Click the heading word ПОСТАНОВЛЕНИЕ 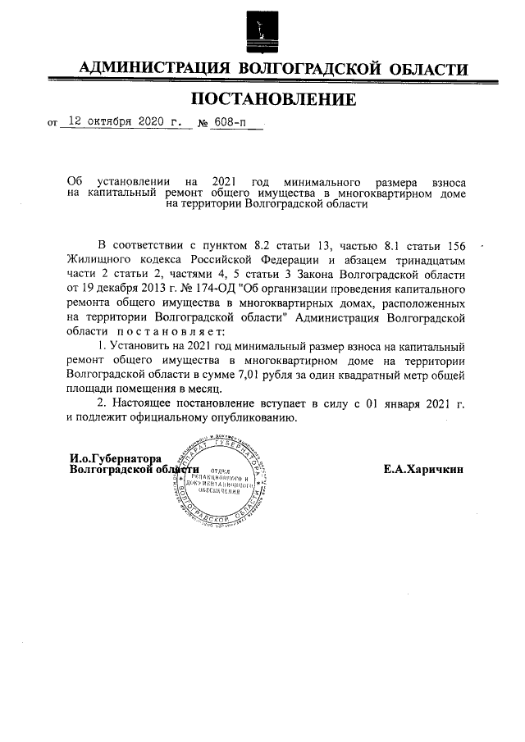[274, 100]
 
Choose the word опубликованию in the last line [253, 417]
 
